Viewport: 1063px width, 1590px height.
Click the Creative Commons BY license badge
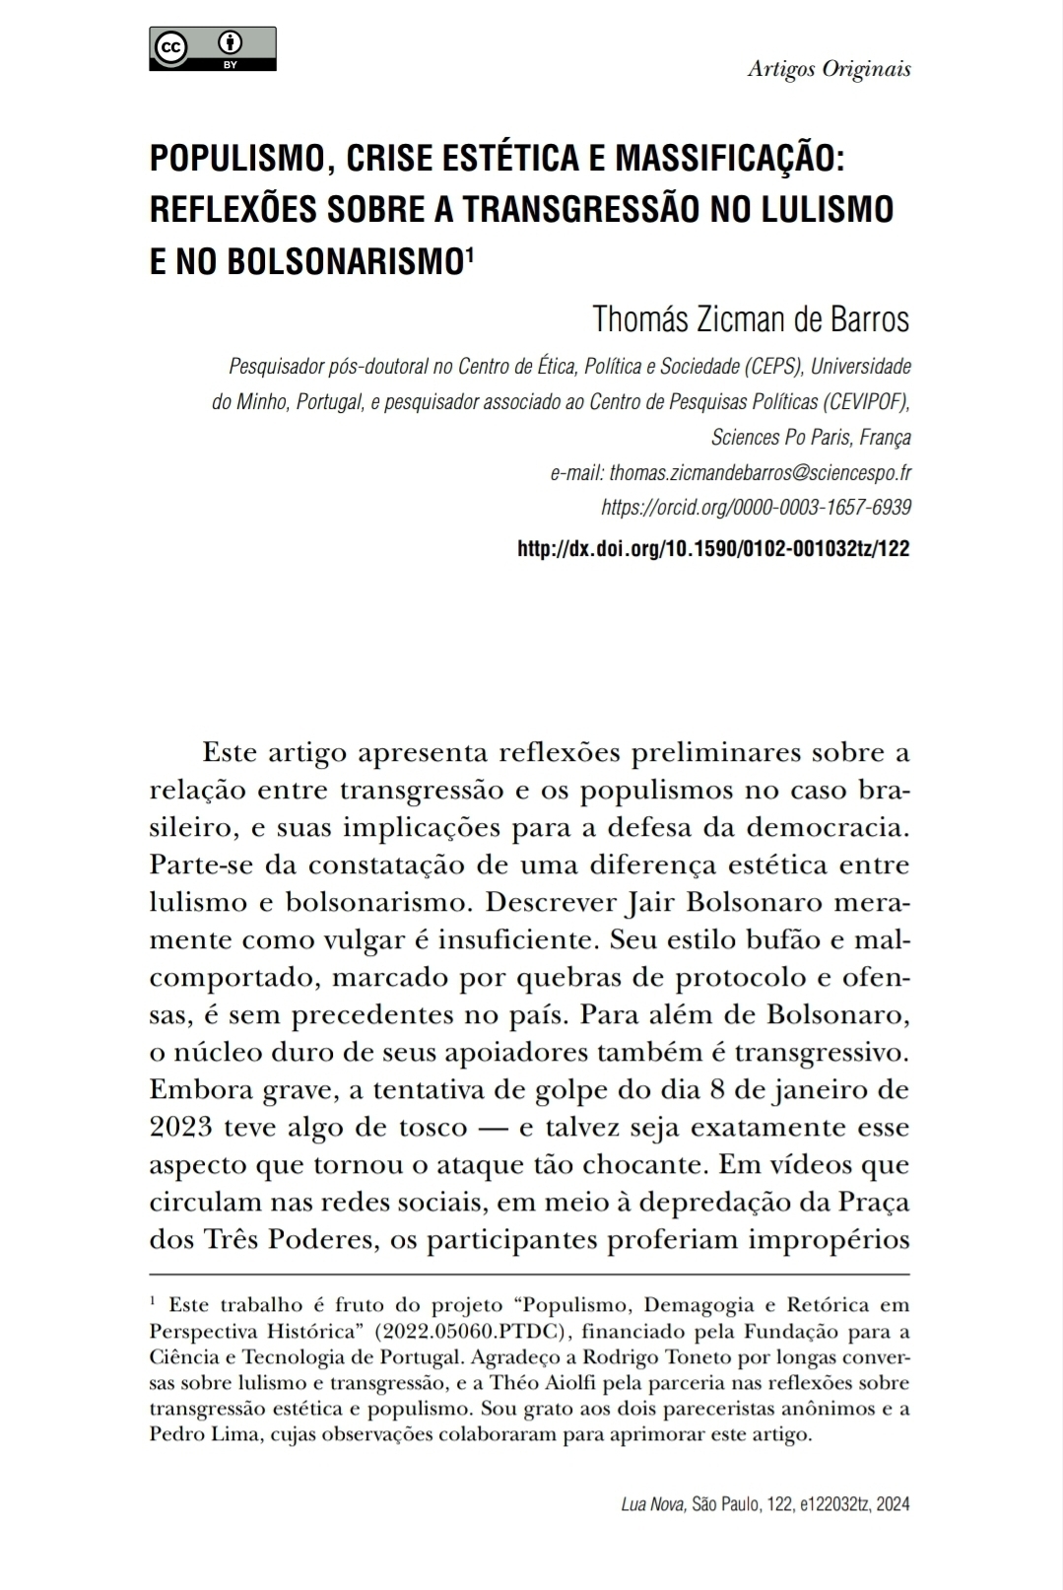[x=212, y=48]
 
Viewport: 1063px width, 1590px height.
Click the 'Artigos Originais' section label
[x=829, y=69]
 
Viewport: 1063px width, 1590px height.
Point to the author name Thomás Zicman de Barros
[x=751, y=319]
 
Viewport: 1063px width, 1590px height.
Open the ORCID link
[x=756, y=507]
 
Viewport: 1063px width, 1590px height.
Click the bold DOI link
[x=713, y=548]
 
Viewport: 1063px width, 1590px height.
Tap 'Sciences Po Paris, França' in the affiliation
[x=811, y=437]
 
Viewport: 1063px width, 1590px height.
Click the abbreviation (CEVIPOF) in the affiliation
[x=867, y=402]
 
